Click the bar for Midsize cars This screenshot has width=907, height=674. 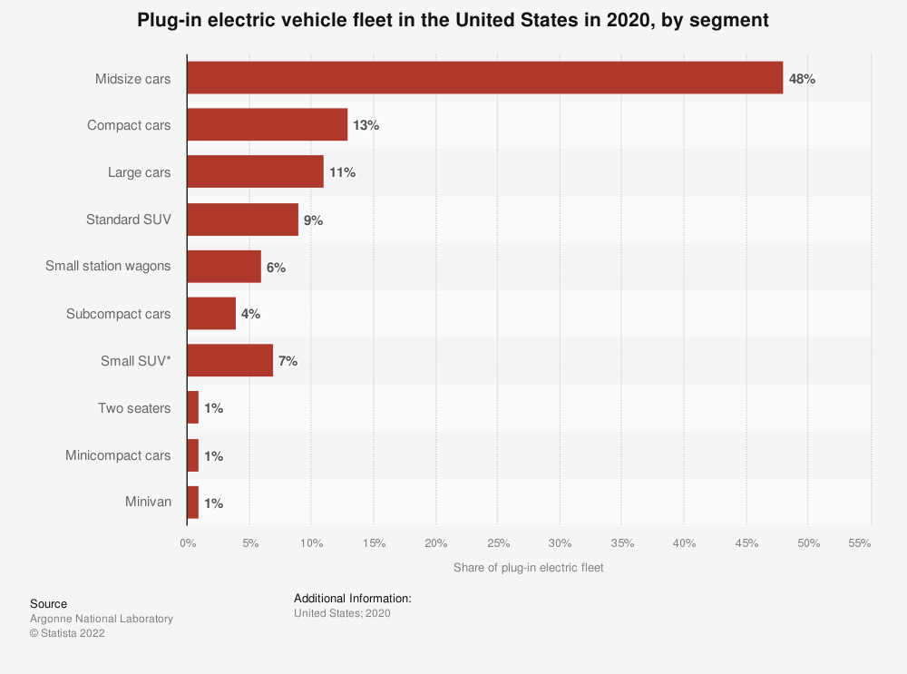pos(484,78)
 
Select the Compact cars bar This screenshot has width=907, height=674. pos(267,125)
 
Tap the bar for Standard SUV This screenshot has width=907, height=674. pos(242,220)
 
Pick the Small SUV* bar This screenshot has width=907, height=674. pos(229,361)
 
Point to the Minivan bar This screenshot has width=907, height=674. pos(192,503)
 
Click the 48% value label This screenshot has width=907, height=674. pos(802,79)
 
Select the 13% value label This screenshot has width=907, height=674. pos(366,125)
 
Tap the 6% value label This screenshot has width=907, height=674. pos(276,268)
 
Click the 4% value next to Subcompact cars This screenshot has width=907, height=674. pos(250,314)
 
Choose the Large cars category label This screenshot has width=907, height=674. pos(139,172)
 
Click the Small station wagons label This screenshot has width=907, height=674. pos(108,267)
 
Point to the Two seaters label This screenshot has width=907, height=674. pos(134,408)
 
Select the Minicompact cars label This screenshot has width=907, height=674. pos(118,455)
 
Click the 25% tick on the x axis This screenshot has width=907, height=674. pos(497,543)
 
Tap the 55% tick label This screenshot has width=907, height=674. pos(859,543)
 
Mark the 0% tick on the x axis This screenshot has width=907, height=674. pos(187,543)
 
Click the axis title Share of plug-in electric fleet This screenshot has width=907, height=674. pos(528,568)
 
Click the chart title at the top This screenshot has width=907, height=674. pos(453,21)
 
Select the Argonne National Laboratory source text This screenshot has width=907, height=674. pos(101,619)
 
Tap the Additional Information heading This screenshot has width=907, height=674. pos(353,599)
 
